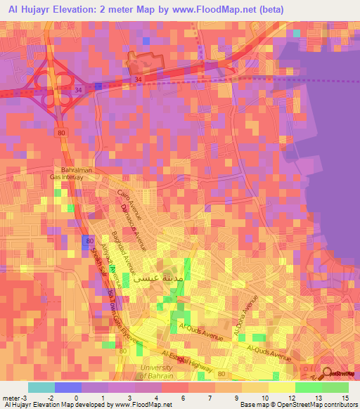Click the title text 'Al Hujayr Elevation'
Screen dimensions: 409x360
53,8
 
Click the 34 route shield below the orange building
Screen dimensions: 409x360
137,79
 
